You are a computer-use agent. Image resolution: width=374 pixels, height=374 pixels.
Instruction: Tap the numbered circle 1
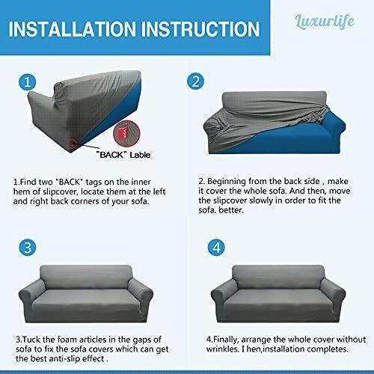(27, 81)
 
